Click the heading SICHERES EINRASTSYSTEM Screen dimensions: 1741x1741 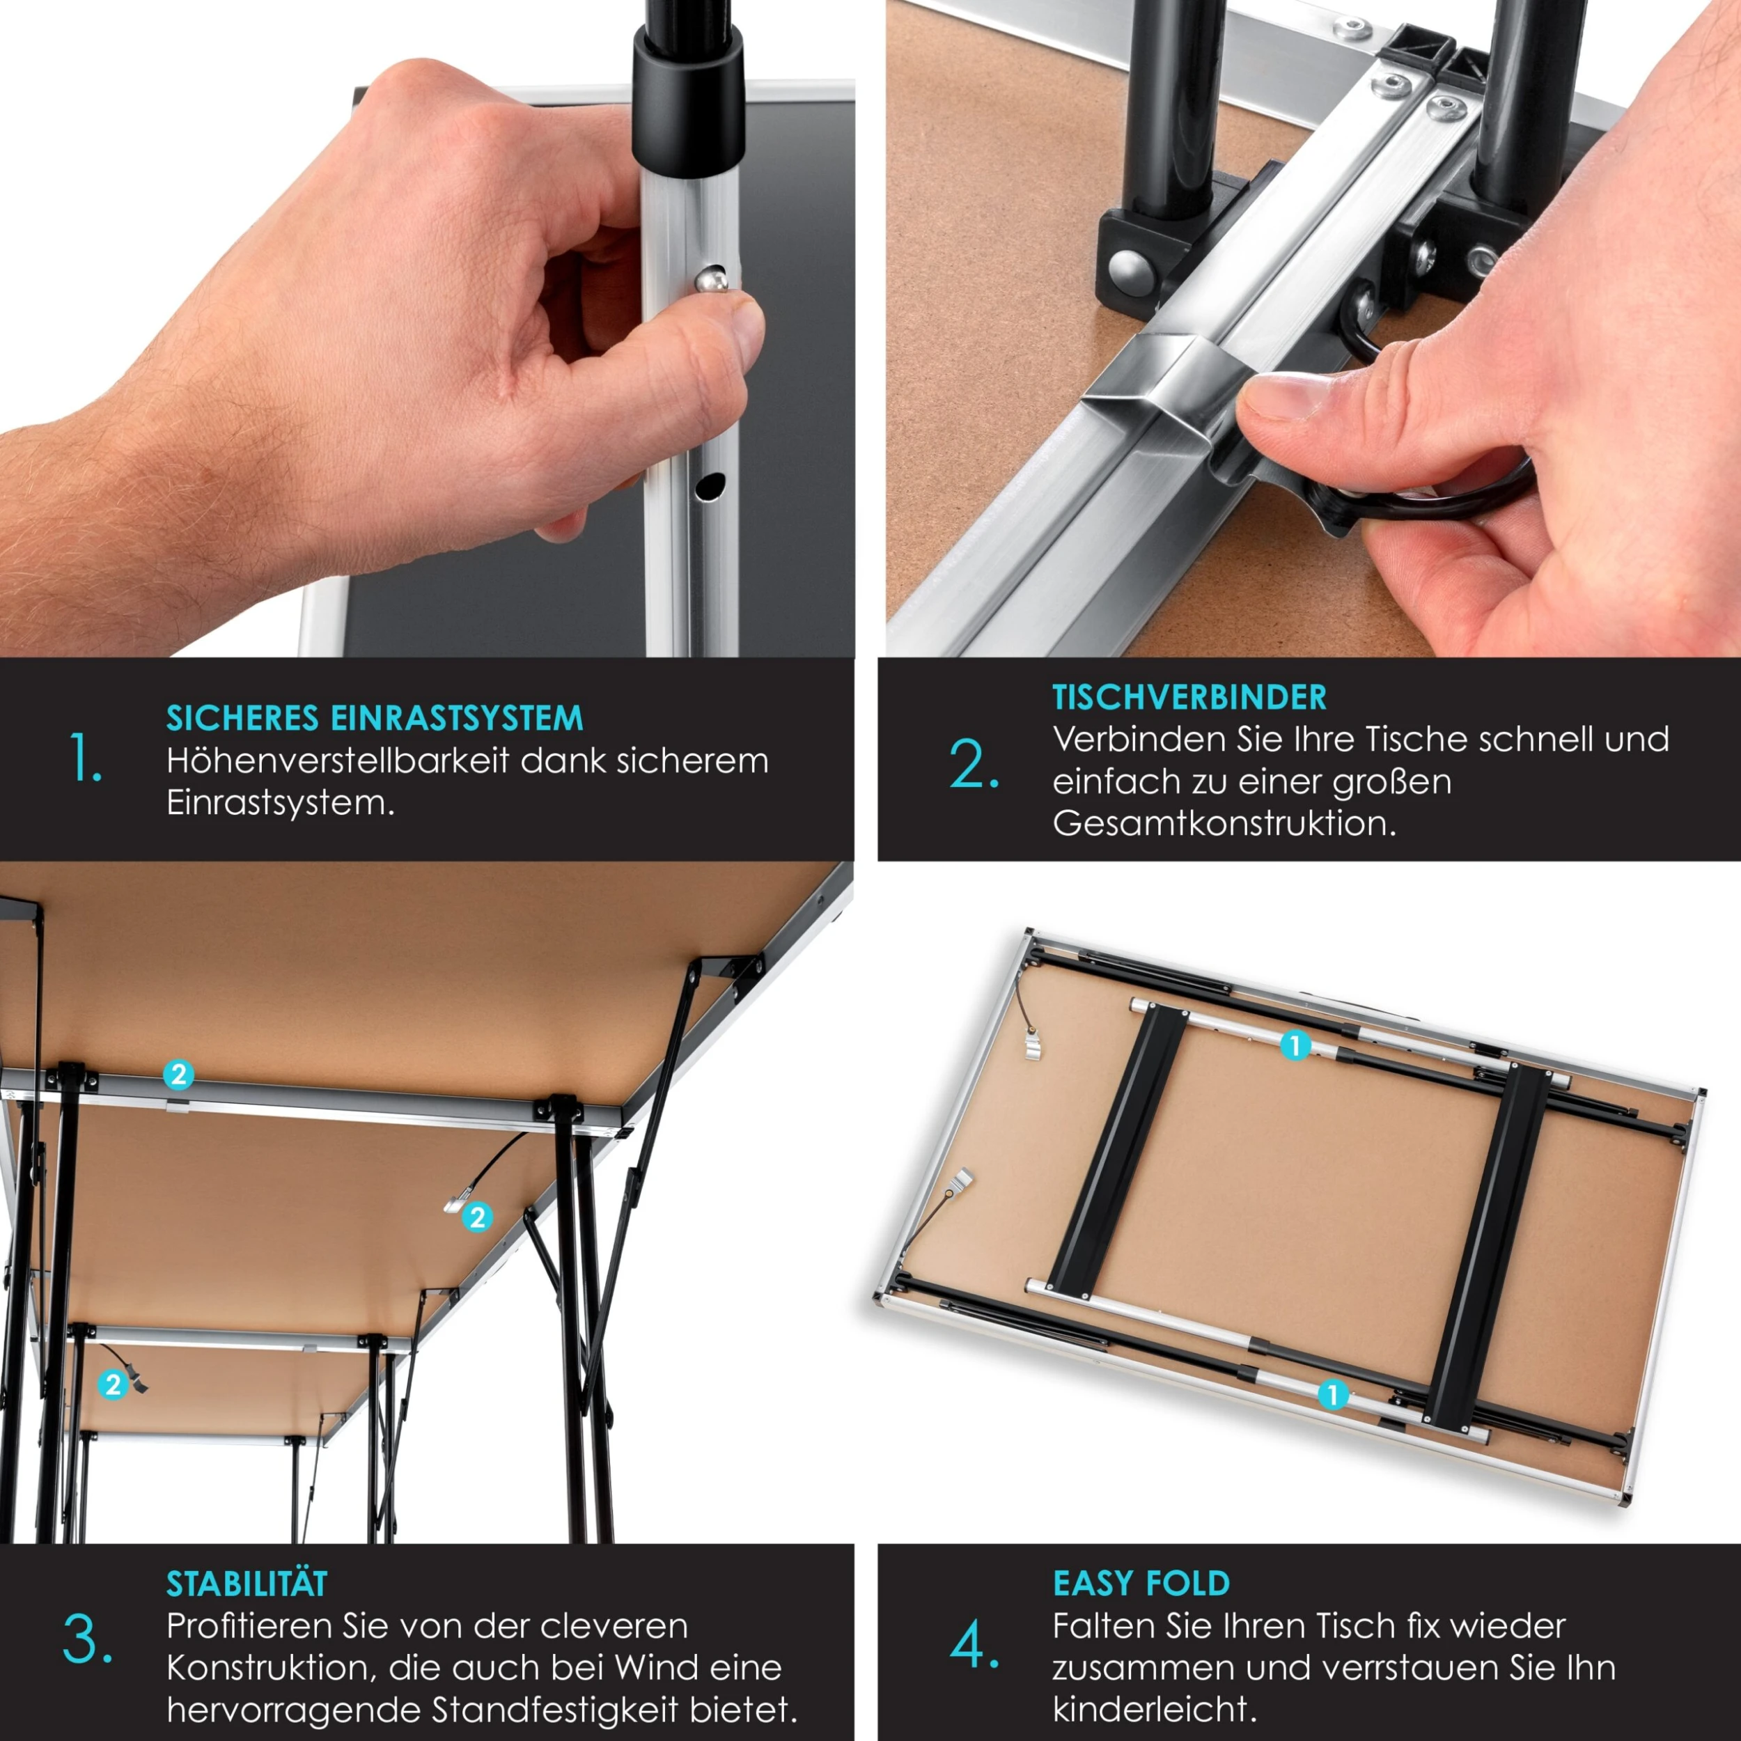tap(375, 718)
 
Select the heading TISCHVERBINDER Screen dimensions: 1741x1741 tap(1189, 698)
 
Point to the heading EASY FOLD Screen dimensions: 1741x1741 tap(1141, 1584)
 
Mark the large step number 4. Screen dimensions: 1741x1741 tap(974, 1645)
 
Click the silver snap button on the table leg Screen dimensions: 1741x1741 tap(711, 279)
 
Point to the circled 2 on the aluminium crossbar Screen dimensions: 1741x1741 tap(178, 1074)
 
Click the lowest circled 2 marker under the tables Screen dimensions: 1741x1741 tap(113, 1384)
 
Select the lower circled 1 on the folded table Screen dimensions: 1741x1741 tap(1333, 1395)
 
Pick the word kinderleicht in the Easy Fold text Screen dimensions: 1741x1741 tap(1153, 1708)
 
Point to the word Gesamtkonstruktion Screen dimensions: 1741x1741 tap(1224, 822)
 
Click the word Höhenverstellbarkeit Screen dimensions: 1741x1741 tap(338, 760)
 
